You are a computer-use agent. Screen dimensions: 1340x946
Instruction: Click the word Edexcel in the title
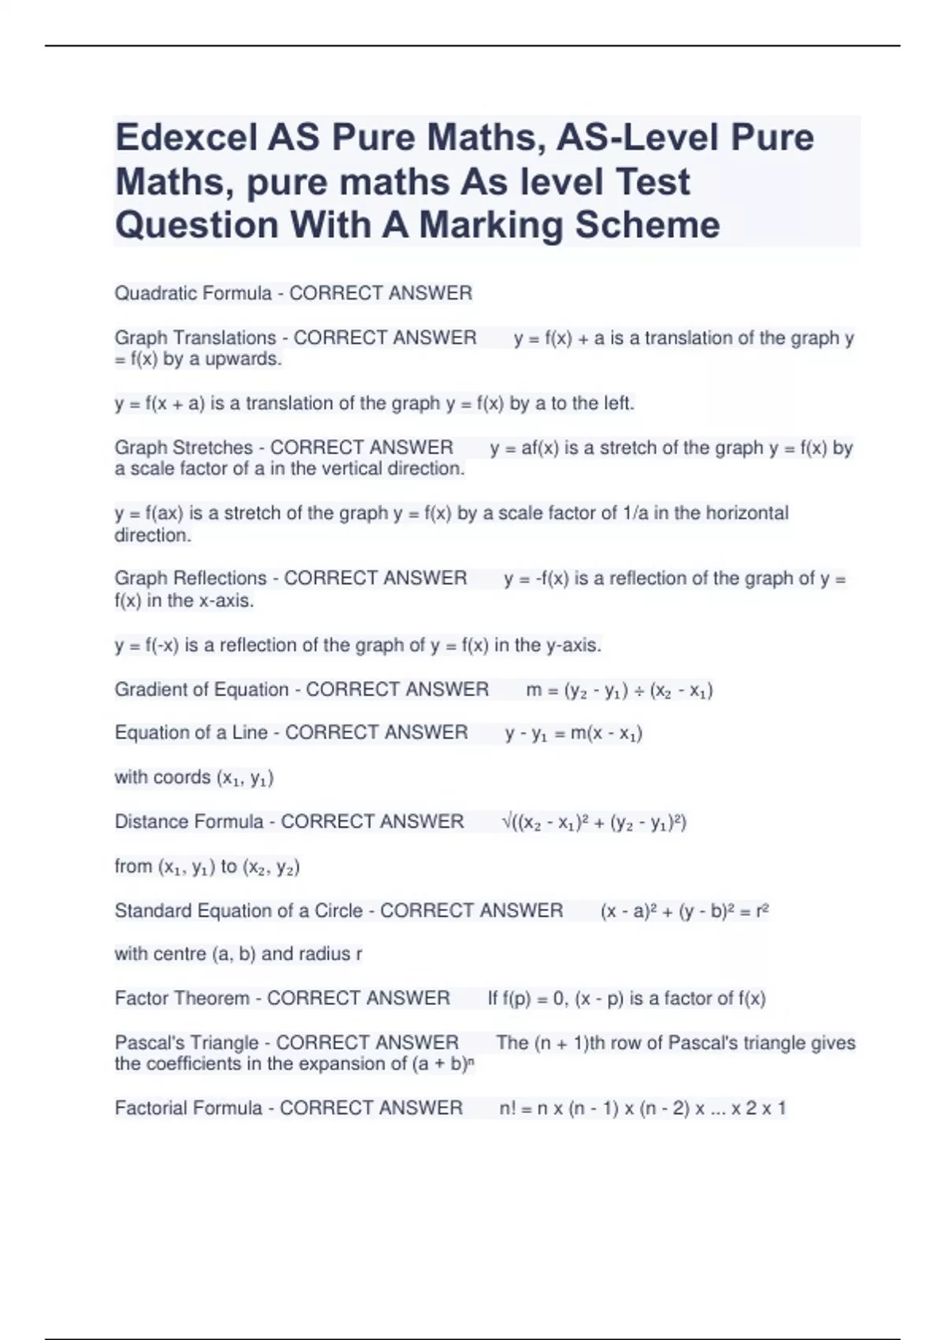(186, 138)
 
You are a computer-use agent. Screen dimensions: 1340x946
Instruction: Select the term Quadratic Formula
(192, 293)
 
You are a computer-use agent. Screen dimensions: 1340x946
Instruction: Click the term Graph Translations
(195, 338)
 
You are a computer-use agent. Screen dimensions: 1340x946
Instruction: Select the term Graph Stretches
(183, 448)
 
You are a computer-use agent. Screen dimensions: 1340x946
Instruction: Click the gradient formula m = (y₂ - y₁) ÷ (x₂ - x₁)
(619, 690)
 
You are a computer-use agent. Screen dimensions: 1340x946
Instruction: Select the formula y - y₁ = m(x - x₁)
(573, 734)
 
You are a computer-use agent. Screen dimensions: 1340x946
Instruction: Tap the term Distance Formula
(188, 821)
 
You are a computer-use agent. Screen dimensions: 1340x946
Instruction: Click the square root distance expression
(594, 822)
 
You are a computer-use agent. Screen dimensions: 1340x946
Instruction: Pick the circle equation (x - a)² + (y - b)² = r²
(683, 911)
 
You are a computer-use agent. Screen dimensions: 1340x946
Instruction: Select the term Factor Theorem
(181, 998)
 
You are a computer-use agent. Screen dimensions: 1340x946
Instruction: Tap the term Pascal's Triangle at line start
(186, 1042)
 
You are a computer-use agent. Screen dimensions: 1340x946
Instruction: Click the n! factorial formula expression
(642, 1108)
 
